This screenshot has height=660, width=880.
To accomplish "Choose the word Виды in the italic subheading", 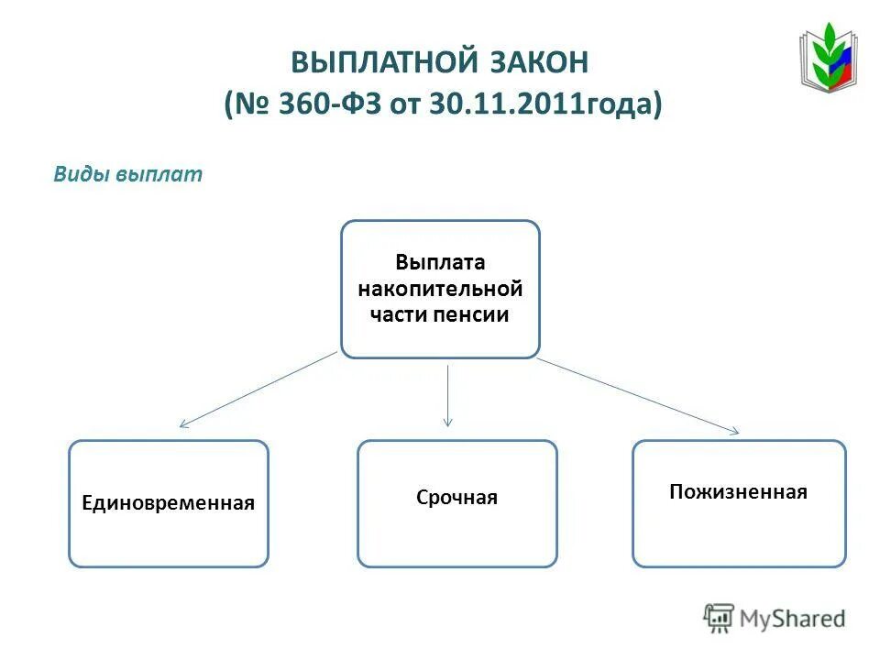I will [81, 175].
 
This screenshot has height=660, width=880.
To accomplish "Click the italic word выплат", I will [159, 175].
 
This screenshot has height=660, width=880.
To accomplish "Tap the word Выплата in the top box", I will [440, 263].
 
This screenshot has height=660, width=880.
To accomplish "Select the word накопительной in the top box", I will [440, 289].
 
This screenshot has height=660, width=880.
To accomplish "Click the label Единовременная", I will [169, 502].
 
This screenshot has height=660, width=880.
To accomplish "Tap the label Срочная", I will [456, 498].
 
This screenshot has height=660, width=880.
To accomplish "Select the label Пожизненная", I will [738, 492].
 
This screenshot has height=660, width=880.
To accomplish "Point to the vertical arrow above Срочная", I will [447, 394].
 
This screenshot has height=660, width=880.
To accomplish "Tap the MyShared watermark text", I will [793, 619].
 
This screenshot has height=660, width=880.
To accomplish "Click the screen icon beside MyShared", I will [719, 619].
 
